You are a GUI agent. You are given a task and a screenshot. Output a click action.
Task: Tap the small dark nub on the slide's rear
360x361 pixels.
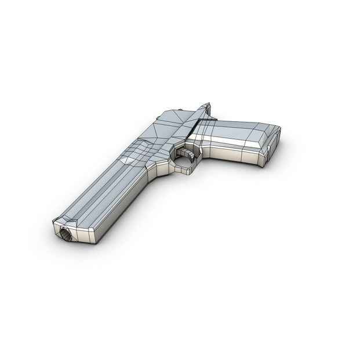tap(181, 110)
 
